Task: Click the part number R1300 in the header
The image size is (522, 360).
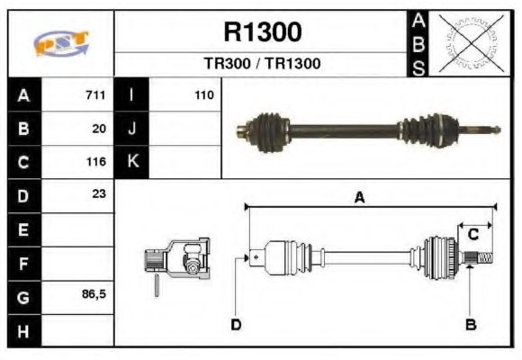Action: (x=262, y=33)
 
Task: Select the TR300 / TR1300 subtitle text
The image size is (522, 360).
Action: (x=262, y=65)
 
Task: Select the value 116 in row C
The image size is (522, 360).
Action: (x=96, y=162)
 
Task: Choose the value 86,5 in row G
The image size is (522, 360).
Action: (x=94, y=293)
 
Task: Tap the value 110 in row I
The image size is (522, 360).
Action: (x=203, y=95)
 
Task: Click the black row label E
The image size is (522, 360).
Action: (x=22, y=229)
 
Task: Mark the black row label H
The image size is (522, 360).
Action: (x=22, y=330)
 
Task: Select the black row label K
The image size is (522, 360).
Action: (x=132, y=162)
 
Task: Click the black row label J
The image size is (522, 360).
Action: (x=132, y=129)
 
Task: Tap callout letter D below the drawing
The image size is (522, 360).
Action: (x=236, y=324)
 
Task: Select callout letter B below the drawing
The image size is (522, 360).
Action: (x=470, y=324)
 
